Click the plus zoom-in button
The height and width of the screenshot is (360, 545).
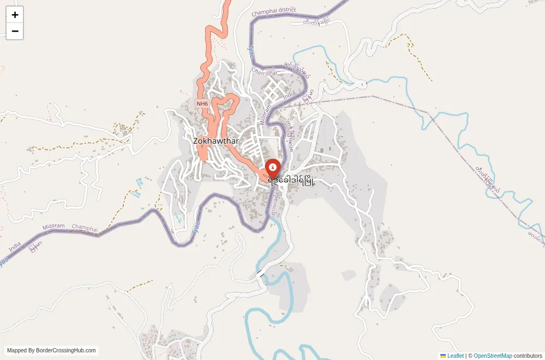coord(15,15)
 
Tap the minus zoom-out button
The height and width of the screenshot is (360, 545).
coord(15,31)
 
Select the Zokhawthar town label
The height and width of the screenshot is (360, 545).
coord(216,141)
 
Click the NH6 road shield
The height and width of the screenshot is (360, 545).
coord(202,103)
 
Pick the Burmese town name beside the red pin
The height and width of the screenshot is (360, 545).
coord(294,179)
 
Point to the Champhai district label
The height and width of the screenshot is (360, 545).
coord(274,10)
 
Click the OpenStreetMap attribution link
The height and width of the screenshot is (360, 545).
coord(493,356)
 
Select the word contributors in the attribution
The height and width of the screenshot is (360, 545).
coord(528,356)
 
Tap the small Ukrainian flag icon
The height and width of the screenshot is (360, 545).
coord(443,356)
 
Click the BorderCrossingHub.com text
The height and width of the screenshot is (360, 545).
coord(66,351)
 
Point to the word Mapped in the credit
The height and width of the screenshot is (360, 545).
coord(17,351)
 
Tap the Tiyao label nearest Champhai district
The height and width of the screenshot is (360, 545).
coord(251,52)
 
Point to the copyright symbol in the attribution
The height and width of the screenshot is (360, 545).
coord(470,356)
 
